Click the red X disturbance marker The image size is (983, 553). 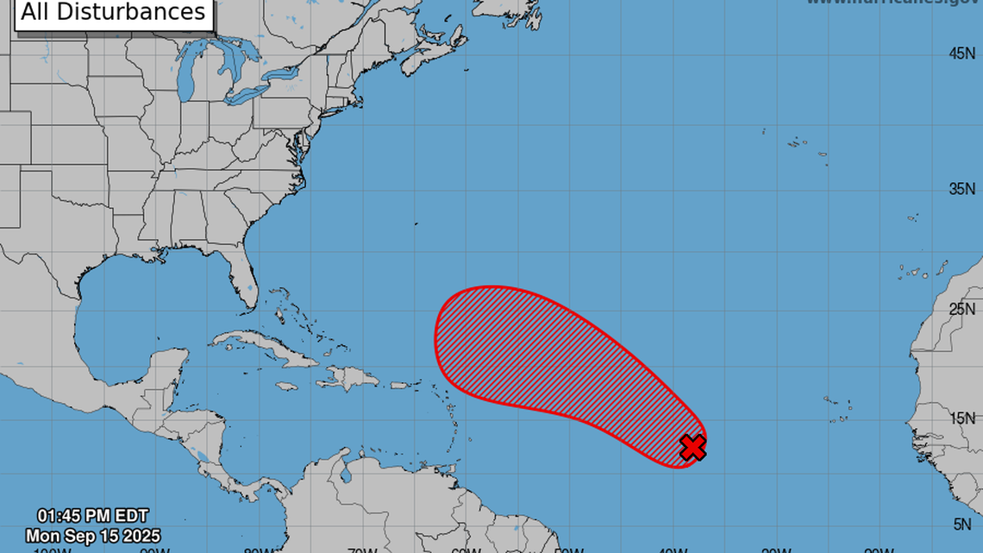tap(692, 447)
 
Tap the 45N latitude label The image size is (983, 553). tap(961, 53)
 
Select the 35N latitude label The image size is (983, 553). tap(961, 189)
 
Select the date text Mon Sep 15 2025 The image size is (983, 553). tap(92, 536)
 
